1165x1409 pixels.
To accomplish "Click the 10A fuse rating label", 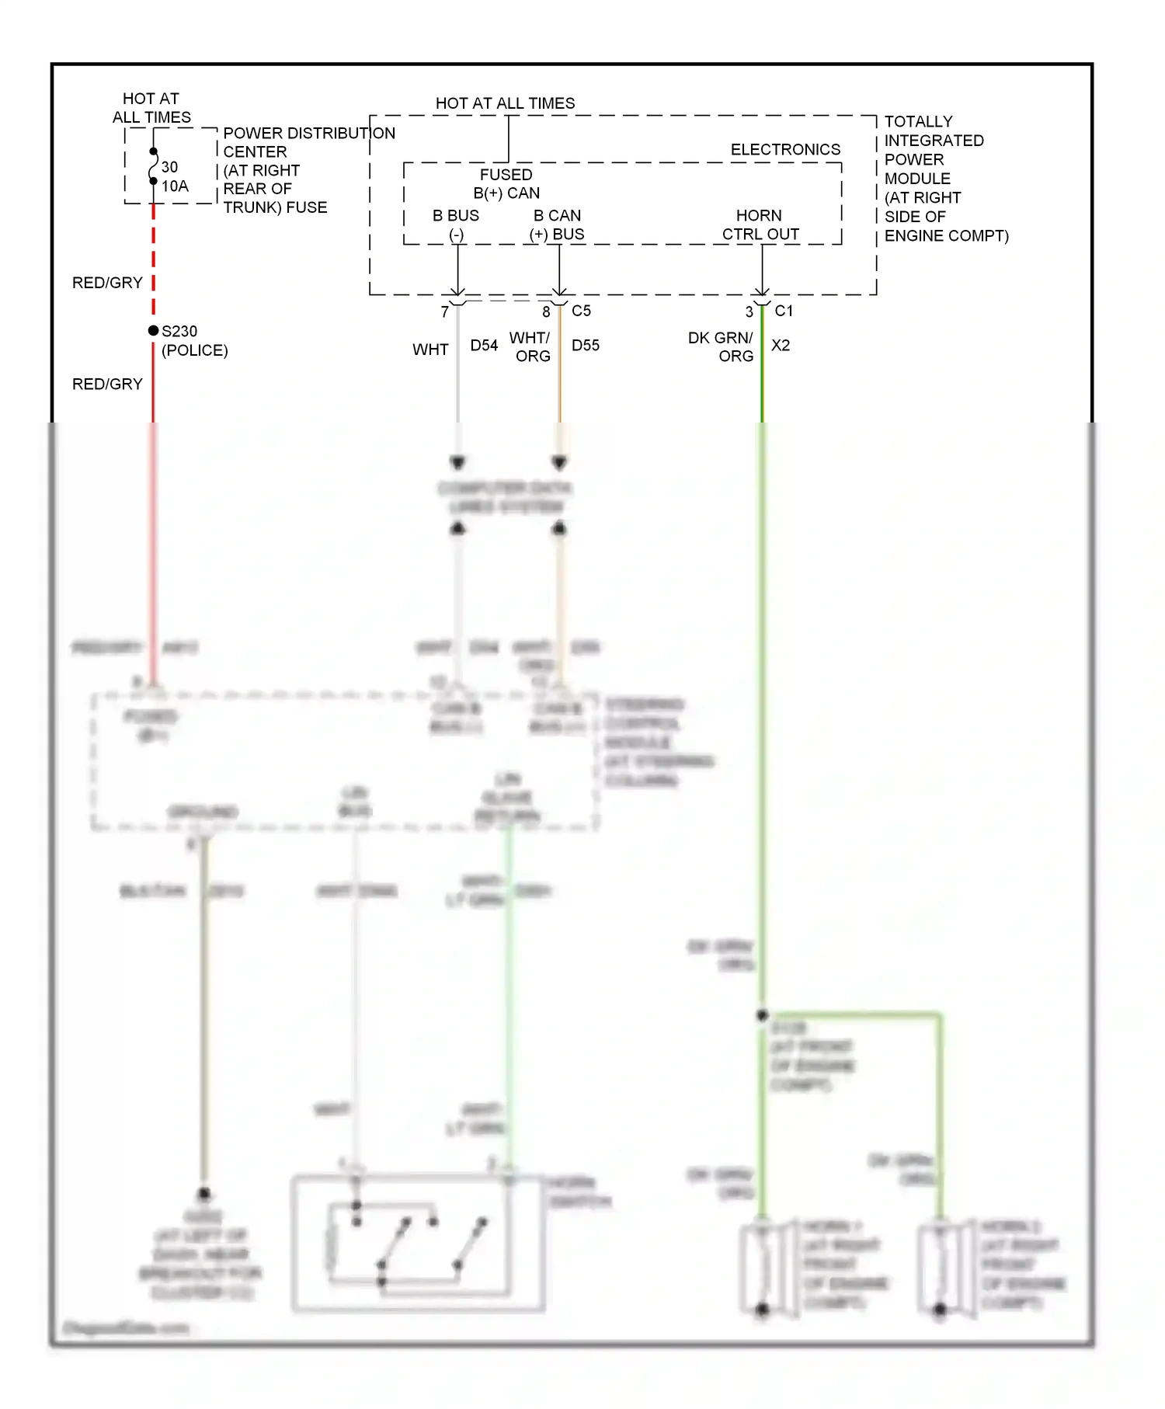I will tap(175, 186).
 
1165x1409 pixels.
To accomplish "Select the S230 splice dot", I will tap(154, 331).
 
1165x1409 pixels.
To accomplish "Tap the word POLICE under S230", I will tap(194, 350).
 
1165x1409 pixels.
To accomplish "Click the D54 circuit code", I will tap(484, 346).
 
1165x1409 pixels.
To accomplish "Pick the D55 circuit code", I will tap(586, 346).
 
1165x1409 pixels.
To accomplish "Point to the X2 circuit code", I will tap(781, 346).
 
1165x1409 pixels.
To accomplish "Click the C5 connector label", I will tap(581, 311).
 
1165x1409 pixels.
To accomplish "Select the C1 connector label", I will tap(784, 311).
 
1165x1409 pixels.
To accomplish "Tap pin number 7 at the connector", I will tap(445, 312).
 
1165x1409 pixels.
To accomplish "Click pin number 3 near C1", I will tap(749, 312).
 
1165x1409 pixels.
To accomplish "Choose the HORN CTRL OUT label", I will tap(760, 225).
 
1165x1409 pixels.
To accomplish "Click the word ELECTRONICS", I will tap(785, 150).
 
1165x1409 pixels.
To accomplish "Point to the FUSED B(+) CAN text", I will tap(506, 184).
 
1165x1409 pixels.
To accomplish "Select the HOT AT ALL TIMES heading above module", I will tap(505, 103).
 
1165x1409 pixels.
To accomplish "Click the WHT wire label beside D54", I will tap(430, 350).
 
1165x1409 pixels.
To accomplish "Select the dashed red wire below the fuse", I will tap(154, 256).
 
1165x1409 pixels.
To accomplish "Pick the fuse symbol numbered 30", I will tap(154, 166).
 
